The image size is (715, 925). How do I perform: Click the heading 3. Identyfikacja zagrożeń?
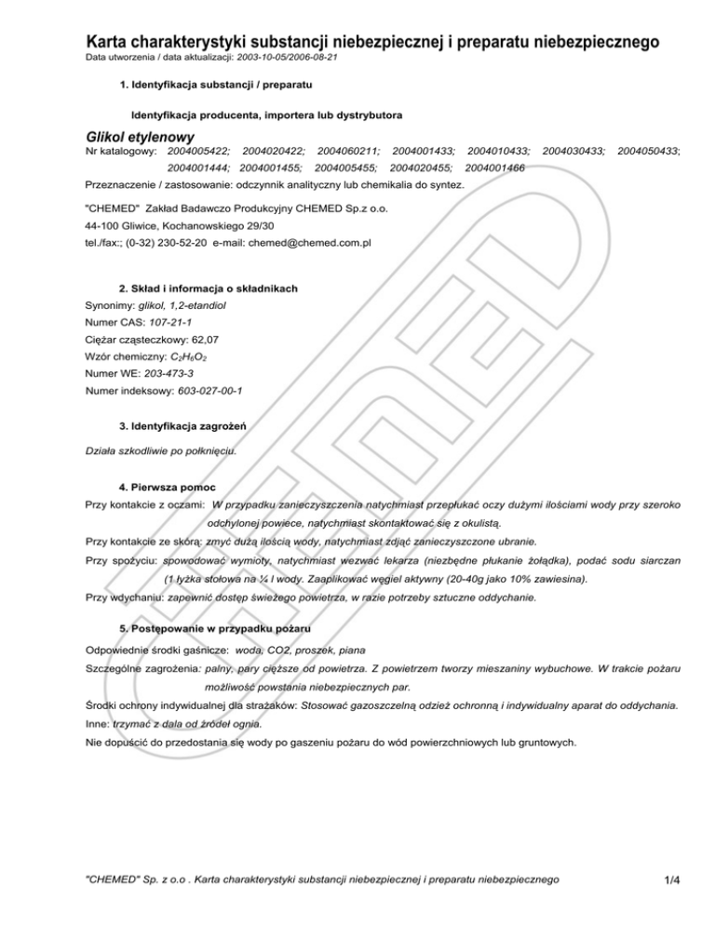pos(182,427)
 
